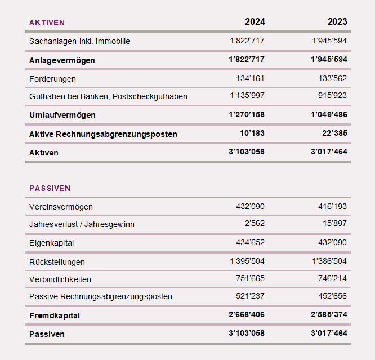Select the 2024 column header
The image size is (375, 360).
(x=255, y=22)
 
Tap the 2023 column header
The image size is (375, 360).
(x=337, y=22)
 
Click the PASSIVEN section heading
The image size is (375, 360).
(x=50, y=188)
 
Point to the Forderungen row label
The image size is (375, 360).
(x=52, y=79)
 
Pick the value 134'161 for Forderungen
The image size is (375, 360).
(x=250, y=78)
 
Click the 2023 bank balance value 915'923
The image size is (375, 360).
(x=332, y=96)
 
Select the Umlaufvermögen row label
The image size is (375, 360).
(x=62, y=115)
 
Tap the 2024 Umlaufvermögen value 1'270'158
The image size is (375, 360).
(x=247, y=115)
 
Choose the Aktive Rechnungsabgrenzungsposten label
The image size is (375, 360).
(x=103, y=134)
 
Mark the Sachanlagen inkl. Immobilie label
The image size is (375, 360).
(x=79, y=41)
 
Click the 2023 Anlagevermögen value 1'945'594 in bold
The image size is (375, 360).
(x=329, y=60)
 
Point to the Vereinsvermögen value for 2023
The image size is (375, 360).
(x=332, y=206)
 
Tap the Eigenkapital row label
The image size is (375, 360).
(x=52, y=243)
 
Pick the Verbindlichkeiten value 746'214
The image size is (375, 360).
(x=332, y=279)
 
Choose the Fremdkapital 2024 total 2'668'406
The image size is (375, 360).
(x=247, y=315)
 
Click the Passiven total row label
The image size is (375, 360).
(x=47, y=334)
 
